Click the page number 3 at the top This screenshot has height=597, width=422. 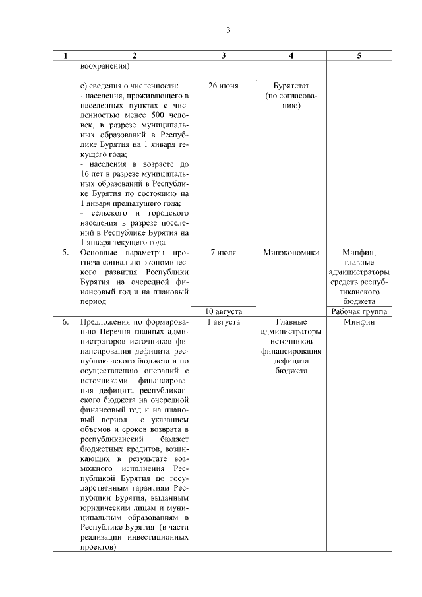(x=228, y=30)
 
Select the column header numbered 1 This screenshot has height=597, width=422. (x=65, y=56)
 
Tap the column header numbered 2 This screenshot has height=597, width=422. (x=134, y=56)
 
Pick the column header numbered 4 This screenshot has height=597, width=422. (x=291, y=56)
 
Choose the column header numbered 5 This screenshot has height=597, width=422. (x=359, y=56)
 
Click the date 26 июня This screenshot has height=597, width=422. (x=223, y=86)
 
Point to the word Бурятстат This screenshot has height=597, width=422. (x=291, y=86)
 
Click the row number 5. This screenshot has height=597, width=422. (x=65, y=252)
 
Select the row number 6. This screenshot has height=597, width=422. (x=65, y=321)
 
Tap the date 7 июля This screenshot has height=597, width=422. (x=223, y=252)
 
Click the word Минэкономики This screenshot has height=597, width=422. (x=291, y=252)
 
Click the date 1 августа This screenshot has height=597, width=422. (x=223, y=321)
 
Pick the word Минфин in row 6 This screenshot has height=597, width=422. (x=359, y=321)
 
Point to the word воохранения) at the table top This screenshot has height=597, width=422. (x=104, y=66)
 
